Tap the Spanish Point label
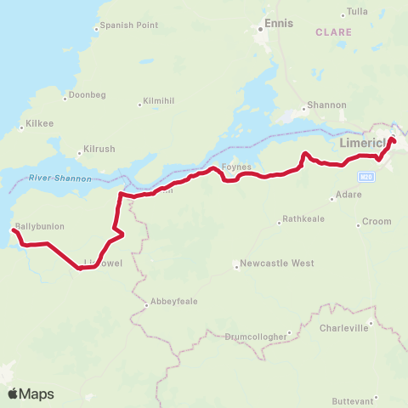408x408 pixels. point(128,25)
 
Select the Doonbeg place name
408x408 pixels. point(88,94)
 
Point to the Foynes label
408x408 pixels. point(235,167)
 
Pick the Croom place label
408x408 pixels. point(377,221)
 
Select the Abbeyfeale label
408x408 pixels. point(173,301)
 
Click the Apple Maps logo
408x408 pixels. point(31,394)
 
